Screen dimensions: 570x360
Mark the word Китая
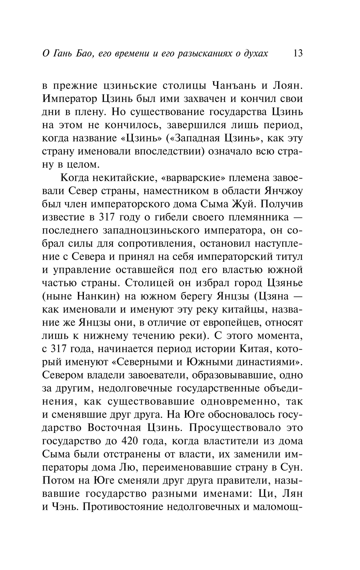(x=258, y=349)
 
